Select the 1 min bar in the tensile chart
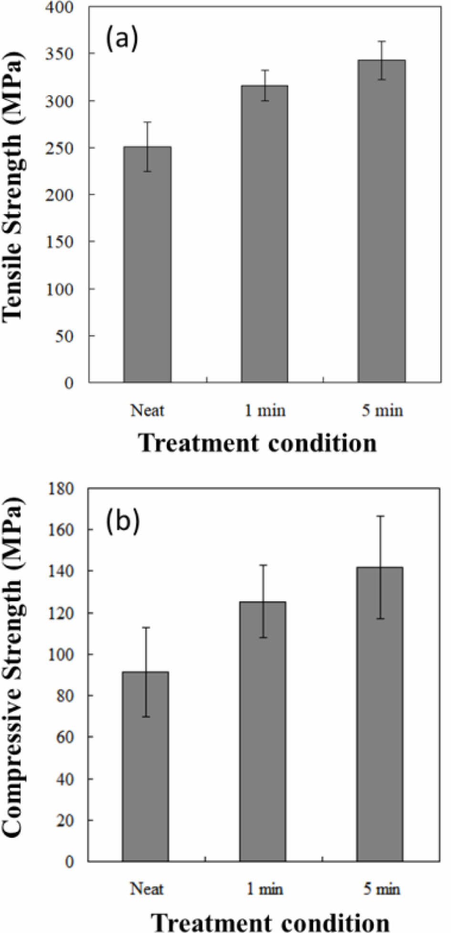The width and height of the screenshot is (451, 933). [x=264, y=233]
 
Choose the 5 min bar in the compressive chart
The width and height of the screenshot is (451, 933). [x=380, y=714]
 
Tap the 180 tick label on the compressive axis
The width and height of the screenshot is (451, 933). [x=61, y=488]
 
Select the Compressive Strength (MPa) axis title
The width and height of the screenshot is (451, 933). [x=13, y=667]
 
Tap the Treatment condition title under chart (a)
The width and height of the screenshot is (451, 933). [x=258, y=444]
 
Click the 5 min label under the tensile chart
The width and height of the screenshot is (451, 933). [x=382, y=410]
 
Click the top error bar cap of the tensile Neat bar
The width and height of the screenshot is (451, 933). [x=148, y=122]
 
